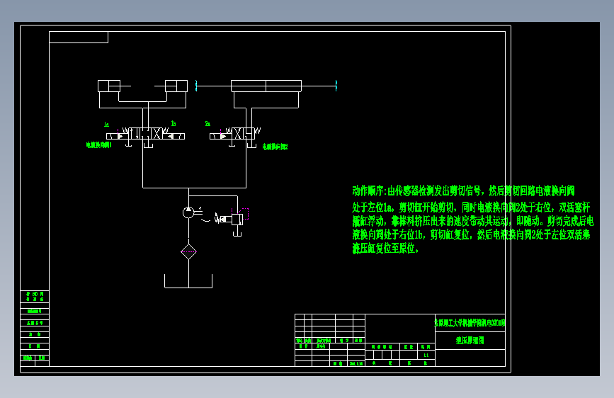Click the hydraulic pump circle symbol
click(x=188, y=212)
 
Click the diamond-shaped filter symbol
click(x=188, y=251)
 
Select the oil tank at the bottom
click(x=188, y=282)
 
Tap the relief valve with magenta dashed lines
click(x=237, y=218)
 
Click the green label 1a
click(x=106, y=124)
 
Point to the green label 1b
click(x=173, y=124)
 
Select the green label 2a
click(x=207, y=124)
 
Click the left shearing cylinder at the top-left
click(x=109, y=86)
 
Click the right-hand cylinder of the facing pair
click(x=176, y=86)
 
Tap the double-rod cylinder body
click(x=266, y=86)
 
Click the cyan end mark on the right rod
click(x=336, y=86)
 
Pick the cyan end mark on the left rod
click(x=195, y=86)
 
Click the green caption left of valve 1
click(x=98, y=144)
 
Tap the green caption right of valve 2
click(x=275, y=147)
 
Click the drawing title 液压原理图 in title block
click(x=470, y=341)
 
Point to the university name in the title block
click(x=470, y=323)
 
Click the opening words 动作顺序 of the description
click(x=368, y=191)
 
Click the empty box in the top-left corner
click(x=79, y=37)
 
